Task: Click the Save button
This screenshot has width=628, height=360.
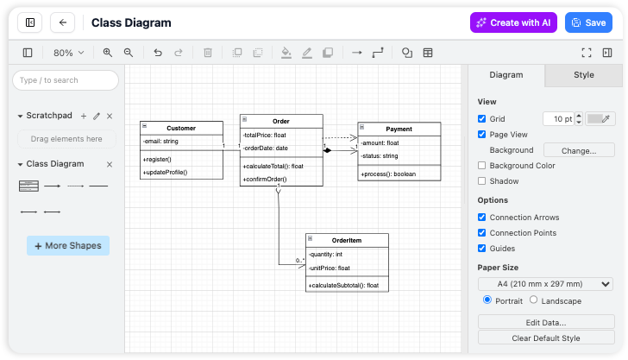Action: coord(588,22)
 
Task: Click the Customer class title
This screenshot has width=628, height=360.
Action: coord(181,128)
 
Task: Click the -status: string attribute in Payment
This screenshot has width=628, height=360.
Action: coord(380,156)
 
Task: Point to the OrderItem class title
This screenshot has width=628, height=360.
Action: coord(349,240)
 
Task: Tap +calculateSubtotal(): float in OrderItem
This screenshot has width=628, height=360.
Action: coord(343,285)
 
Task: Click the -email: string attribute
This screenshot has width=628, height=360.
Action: coord(161,141)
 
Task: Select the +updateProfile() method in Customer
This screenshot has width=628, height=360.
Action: coord(165,172)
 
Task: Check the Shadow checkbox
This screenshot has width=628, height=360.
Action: coord(482,181)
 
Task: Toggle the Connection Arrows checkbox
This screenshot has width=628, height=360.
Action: coord(482,218)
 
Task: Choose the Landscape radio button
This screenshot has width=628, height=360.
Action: coord(533,300)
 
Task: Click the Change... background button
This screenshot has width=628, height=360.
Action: coord(578,150)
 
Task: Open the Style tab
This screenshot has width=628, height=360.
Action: coord(584,75)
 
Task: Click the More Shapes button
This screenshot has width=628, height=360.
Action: coord(68,246)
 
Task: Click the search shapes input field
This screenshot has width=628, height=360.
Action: coord(66,80)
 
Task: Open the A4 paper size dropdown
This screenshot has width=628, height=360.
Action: coord(545,284)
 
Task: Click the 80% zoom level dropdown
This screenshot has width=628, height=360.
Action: coord(69,53)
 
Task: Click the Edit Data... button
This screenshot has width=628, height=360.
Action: coord(545,322)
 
